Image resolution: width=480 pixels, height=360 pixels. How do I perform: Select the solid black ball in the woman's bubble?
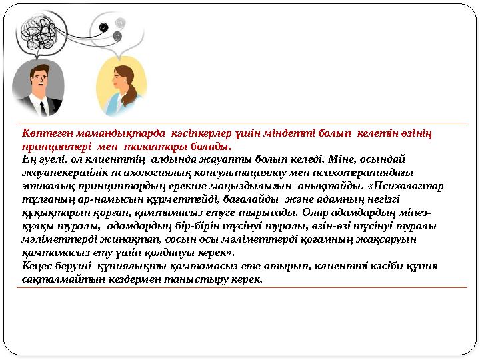click(103, 27)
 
